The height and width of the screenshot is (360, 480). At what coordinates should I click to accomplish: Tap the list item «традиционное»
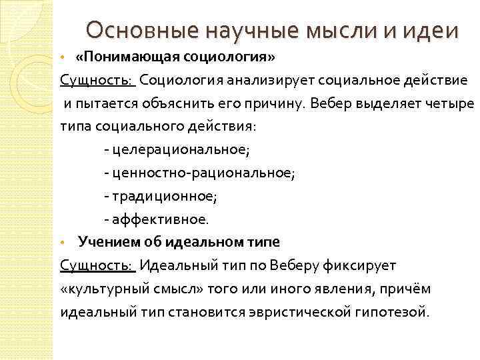(x=164, y=197)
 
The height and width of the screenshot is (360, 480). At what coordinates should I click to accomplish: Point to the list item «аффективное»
(x=160, y=219)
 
